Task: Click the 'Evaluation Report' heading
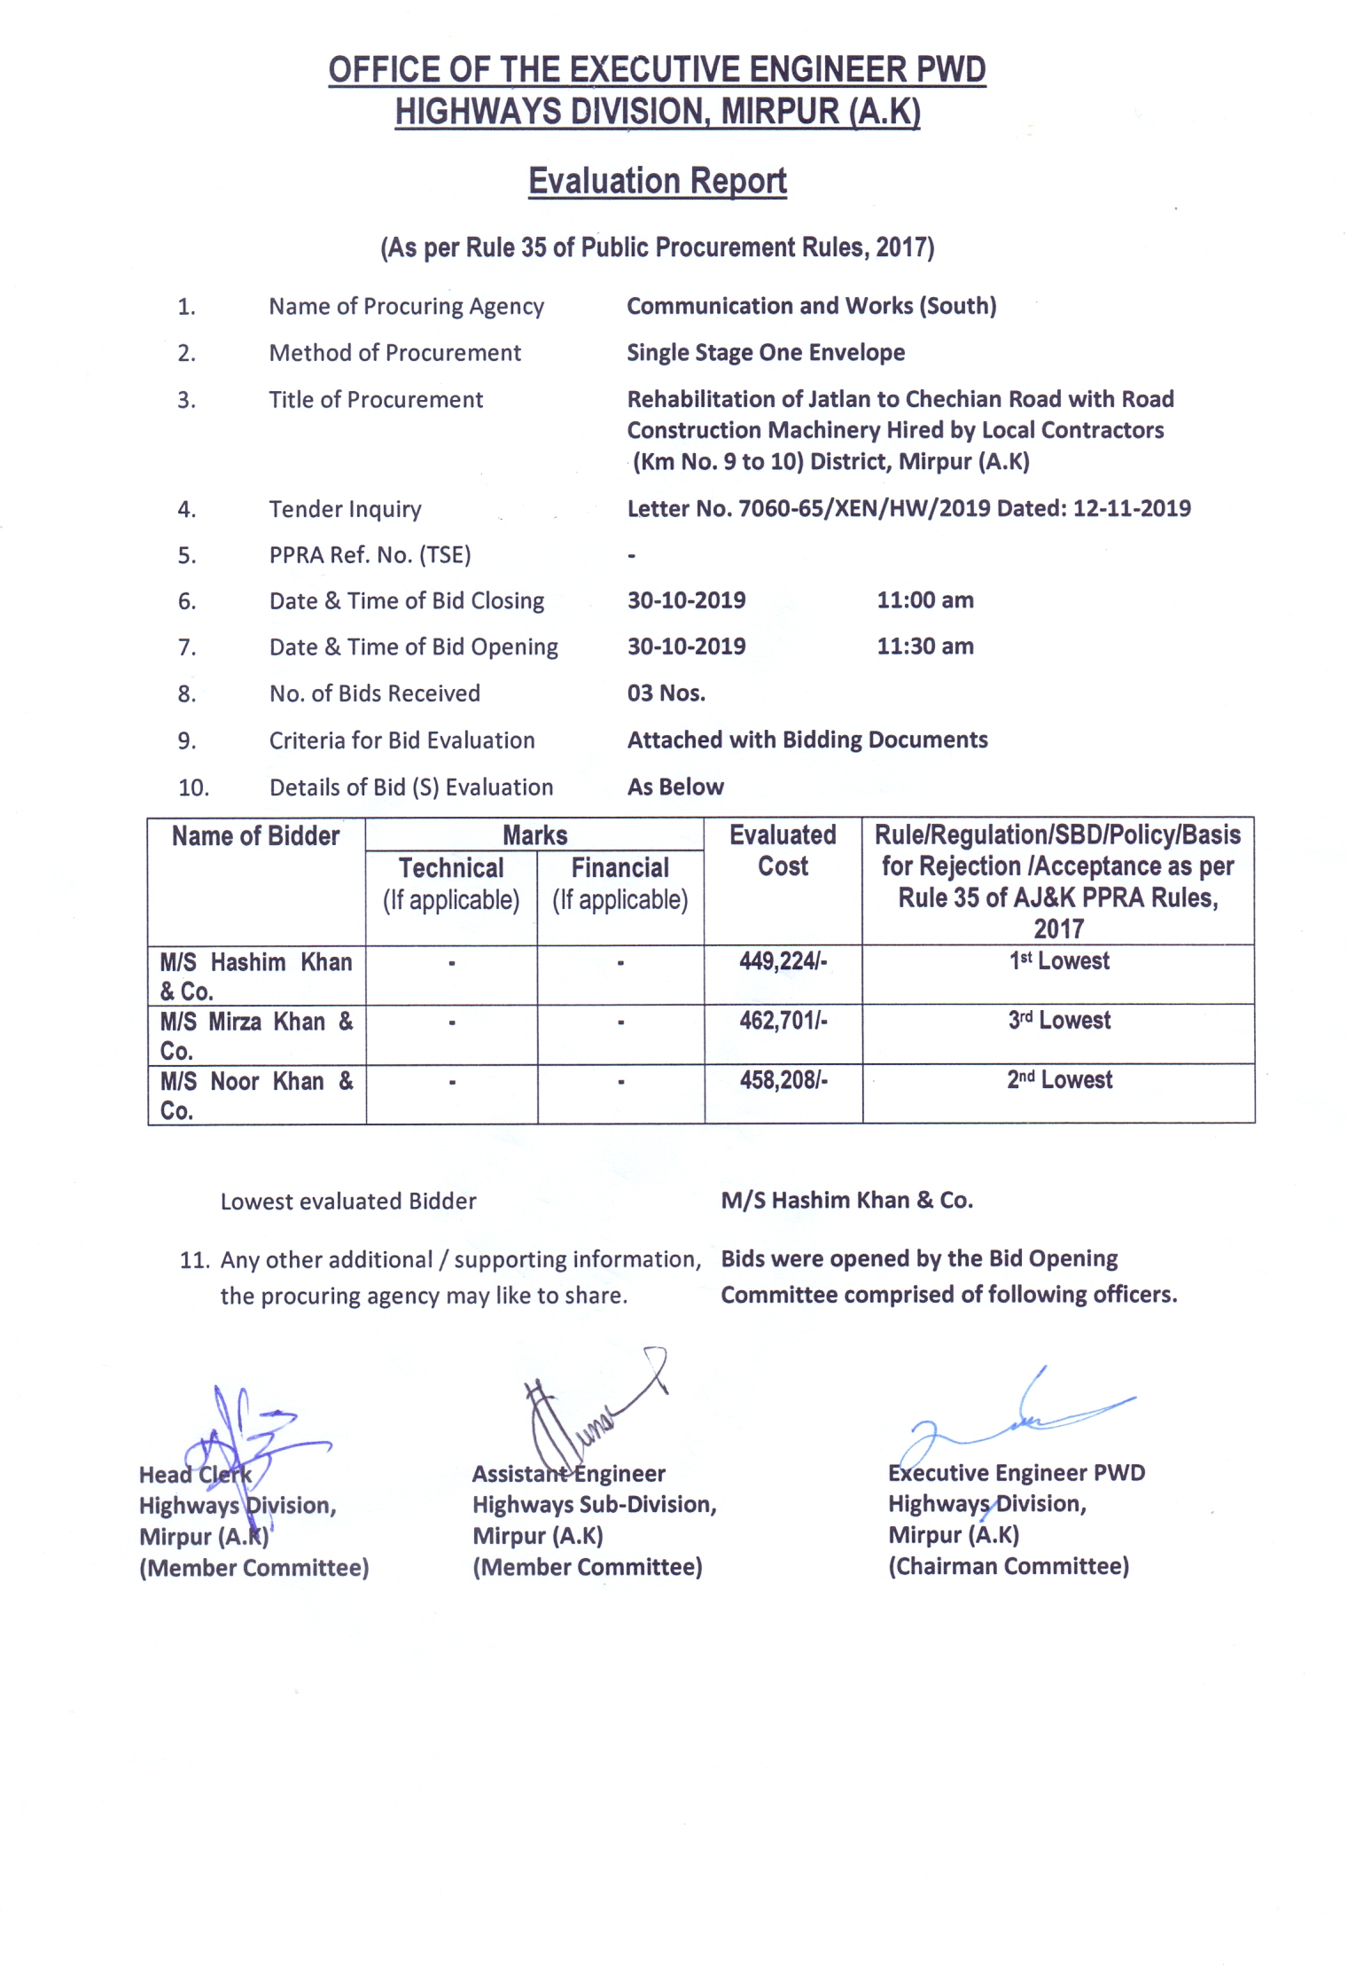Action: pos(657,181)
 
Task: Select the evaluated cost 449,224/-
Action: pos(783,961)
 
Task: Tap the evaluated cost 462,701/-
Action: pos(783,1021)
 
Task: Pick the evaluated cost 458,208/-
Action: pos(783,1080)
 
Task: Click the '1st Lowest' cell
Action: pos(1059,961)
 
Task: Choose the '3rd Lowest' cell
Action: pos(1059,1021)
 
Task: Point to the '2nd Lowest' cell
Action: pos(1059,1080)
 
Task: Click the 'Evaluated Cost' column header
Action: pos(783,850)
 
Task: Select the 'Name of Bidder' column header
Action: pos(255,836)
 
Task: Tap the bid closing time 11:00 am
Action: pos(925,600)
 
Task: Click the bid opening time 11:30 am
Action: pos(925,646)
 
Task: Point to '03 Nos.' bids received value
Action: pos(666,693)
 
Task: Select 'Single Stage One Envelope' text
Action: pos(766,353)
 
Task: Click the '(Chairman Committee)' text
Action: pos(1009,1566)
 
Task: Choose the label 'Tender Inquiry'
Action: pos(345,510)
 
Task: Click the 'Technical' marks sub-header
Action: pos(451,868)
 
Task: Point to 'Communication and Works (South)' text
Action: pos(812,306)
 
